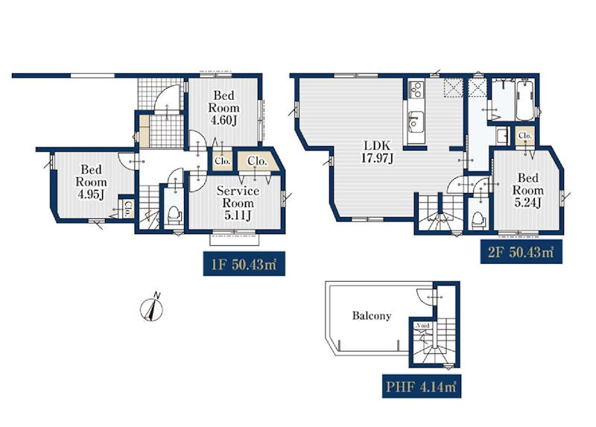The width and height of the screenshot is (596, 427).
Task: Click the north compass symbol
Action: click(152, 307)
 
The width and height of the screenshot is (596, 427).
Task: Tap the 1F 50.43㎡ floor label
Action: click(244, 264)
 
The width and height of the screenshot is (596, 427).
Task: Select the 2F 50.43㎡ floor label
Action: click(521, 251)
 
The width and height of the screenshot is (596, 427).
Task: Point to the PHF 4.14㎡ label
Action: click(422, 386)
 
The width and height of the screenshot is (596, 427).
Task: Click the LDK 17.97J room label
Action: click(377, 152)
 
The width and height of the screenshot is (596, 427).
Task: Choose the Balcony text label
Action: click(371, 315)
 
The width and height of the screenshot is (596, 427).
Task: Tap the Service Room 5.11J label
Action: click(238, 203)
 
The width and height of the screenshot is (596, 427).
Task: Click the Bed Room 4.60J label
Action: click(223, 107)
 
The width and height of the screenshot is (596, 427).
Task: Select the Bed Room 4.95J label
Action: click(91, 182)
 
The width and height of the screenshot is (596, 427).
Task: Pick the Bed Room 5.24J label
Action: click(528, 190)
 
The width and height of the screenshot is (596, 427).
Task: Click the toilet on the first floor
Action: click(174, 215)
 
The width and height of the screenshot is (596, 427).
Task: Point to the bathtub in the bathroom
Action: click(525, 100)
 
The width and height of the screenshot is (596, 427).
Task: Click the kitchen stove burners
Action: click(415, 89)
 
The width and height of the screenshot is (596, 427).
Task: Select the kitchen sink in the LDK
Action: click(415, 121)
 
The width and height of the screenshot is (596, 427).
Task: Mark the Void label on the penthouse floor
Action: click(422, 326)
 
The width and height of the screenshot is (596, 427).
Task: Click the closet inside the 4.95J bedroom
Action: click(127, 209)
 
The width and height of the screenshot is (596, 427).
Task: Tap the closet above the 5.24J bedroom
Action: click(525, 136)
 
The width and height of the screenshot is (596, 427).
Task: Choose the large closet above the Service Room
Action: click(258, 162)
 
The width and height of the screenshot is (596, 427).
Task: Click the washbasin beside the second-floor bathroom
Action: click(502, 136)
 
